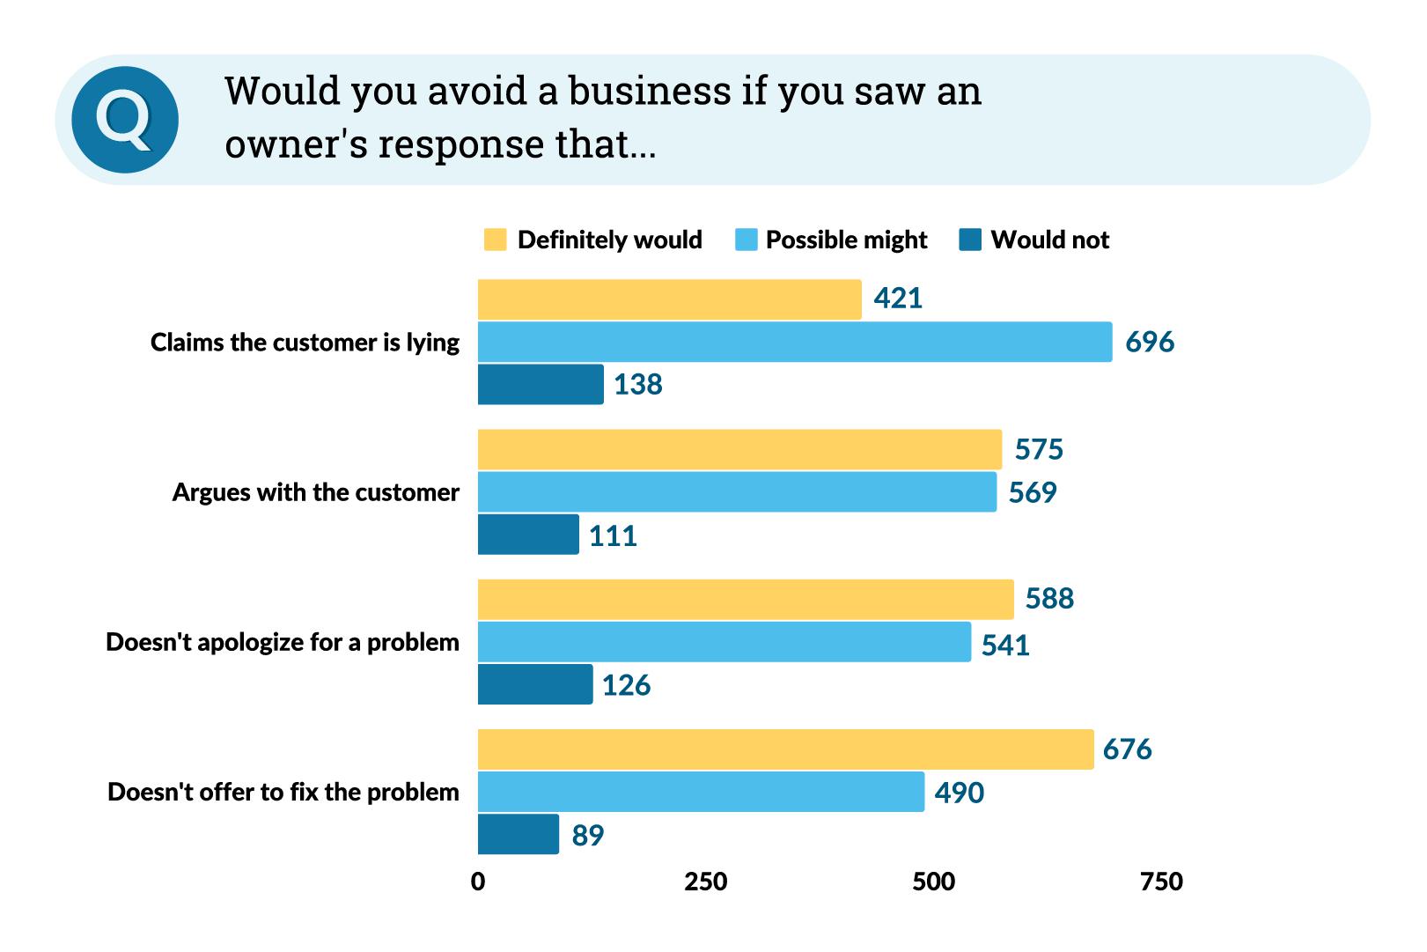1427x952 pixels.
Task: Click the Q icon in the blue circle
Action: coord(125,120)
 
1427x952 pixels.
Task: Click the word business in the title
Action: coord(649,91)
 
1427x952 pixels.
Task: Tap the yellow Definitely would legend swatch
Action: coord(496,240)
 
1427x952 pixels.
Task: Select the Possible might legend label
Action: coord(846,240)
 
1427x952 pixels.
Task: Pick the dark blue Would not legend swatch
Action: coord(970,240)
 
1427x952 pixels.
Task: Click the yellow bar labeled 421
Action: coord(669,299)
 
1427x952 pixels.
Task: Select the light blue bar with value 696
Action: coord(795,342)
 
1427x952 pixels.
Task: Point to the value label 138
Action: coord(638,385)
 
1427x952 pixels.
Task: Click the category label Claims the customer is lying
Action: coord(305,342)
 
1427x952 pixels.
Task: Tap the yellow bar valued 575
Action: coord(739,449)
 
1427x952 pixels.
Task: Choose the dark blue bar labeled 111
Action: coord(528,535)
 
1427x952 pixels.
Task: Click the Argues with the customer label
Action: coord(315,492)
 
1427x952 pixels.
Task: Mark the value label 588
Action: coord(1049,599)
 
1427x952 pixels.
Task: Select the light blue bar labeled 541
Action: coord(724,642)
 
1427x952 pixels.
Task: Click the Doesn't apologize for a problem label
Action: coord(283,642)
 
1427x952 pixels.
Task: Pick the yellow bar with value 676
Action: coord(785,749)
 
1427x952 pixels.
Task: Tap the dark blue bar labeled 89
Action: coord(519,834)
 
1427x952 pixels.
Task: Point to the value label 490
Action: coord(960,793)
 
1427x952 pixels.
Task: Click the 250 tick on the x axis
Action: coord(706,882)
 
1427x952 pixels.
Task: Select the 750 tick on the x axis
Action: coord(1161,882)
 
